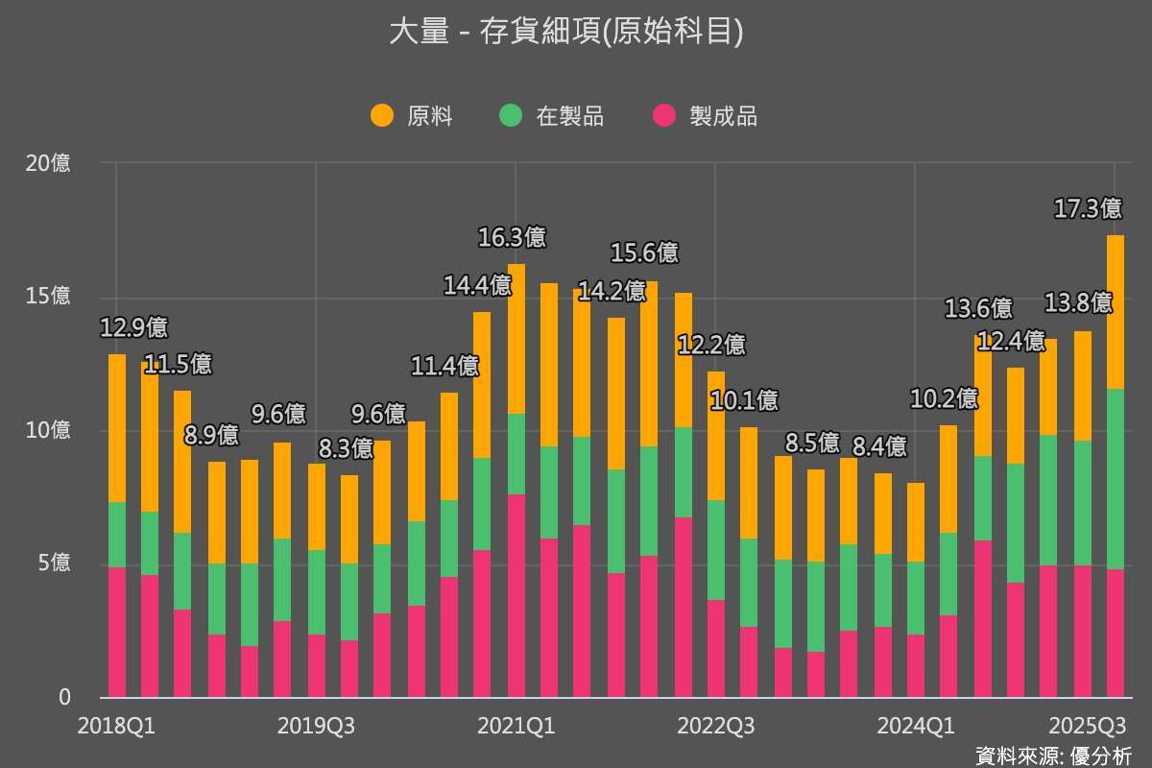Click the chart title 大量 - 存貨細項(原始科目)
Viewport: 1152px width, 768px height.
point(566,33)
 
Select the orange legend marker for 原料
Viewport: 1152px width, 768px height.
point(382,116)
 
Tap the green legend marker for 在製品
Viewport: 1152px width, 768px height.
point(511,116)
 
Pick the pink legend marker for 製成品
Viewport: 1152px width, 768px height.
point(664,116)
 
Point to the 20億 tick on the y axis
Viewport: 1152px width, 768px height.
point(48,163)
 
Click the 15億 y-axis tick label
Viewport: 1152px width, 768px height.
point(48,297)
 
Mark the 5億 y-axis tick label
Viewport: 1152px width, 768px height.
point(54,564)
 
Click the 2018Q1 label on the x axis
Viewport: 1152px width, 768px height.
point(116,726)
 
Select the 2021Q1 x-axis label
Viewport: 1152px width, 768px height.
point(516,726)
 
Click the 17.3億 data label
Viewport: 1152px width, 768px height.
point(1088,208)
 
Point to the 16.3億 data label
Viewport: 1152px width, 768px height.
point(512,237)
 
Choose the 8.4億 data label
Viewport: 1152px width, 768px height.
point(879,446)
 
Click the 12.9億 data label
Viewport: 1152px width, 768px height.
point(133,327)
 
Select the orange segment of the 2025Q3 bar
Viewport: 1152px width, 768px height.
point(1115,312)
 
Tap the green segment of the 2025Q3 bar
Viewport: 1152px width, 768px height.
point(1115,479)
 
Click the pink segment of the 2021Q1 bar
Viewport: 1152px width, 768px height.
point(516,596)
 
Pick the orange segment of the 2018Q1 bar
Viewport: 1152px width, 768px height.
point(117,428)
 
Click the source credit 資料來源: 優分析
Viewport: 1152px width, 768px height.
point(1053,756)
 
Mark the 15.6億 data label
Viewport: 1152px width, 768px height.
point(644,253)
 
